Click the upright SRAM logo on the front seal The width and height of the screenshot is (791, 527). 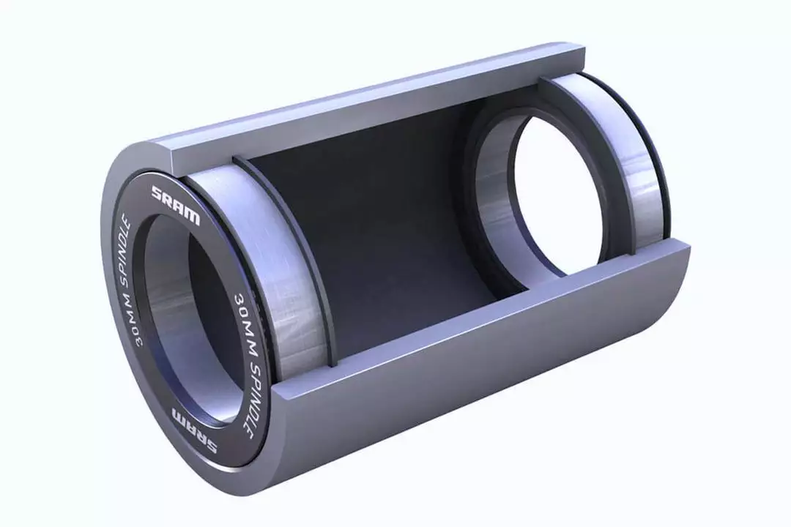(x=176, y=205)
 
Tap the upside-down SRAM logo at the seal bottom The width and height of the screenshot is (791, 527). (x=195, y=430)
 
